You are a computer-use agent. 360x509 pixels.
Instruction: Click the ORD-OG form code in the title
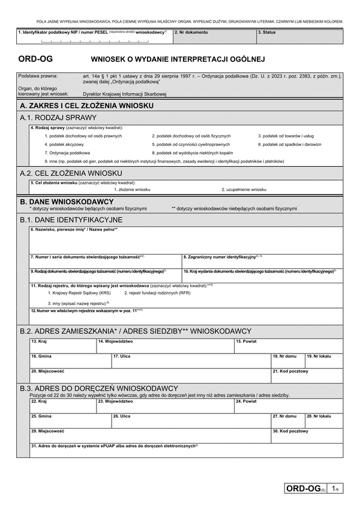pos(37,60)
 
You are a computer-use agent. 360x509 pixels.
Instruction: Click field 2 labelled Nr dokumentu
pos(214,37)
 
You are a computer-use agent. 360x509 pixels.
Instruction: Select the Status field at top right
pos(299,37)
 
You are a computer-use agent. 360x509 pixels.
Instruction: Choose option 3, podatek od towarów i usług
pos(286,136)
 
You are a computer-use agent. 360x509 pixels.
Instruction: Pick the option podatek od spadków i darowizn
pos(290,145)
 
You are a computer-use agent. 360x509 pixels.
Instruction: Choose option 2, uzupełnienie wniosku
pos(244,189)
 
